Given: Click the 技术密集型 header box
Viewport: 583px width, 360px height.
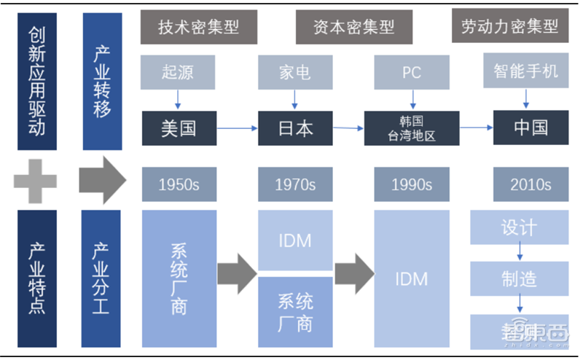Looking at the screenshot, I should click(x=199, y=27).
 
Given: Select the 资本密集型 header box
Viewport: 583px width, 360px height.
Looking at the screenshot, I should click(x=354, y=27).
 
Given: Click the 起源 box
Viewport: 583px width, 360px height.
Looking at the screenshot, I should click(x=179, y=72).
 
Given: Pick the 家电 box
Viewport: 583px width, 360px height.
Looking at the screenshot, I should click(x=295, y=72).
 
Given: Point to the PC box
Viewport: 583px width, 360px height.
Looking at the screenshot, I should click(x=412, y=72).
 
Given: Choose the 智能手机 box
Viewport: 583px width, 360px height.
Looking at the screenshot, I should click(x=525, y=72).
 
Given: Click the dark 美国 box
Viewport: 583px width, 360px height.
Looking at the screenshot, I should click(x=179, y=128).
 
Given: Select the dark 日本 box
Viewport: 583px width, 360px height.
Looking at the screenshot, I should click(x=295, y=128).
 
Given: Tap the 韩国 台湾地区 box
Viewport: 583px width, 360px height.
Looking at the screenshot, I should click(x=412, y=128).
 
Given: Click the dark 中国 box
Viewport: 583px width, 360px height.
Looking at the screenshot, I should click(x=531, y=128).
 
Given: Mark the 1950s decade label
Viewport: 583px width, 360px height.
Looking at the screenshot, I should click(x=179, y=184).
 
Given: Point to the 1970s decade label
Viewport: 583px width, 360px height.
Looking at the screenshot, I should click(x=295, y=184).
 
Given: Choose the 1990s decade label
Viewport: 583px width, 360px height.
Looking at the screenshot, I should click(x=412, y=184).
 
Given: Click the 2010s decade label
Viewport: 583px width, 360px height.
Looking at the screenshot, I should click(x=531, y=184).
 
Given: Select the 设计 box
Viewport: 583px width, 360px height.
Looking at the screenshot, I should click(x=519, y=227).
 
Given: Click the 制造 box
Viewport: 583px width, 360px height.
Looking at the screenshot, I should click(x=519, y=278).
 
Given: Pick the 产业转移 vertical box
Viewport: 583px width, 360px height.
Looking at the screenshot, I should click(x=102, y=80).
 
